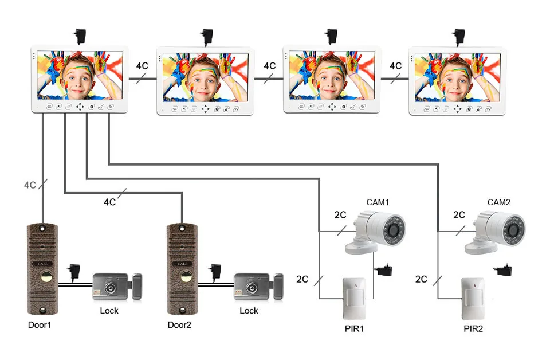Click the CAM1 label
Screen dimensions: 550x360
[x=378, y=202]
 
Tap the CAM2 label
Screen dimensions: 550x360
[x=499, y=202]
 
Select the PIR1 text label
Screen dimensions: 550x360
[x=354, y=329]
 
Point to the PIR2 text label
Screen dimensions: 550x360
[x=473, y=329]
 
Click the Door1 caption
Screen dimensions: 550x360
[x=40, y=325]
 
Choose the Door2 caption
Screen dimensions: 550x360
[x=179, y=325]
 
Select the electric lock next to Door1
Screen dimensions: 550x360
[x=117, y=287]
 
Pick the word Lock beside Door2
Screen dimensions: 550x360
[x=249, y=311]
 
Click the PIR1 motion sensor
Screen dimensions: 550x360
[x=354, y=298]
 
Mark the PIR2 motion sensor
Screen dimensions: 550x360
[x=473, y=298]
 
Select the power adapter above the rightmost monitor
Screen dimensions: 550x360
[x=458, y=37]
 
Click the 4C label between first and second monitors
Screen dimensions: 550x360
[x=142, y=65]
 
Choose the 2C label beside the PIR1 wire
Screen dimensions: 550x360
[x=302, y=279]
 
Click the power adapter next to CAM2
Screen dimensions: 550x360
[x=504, y=270]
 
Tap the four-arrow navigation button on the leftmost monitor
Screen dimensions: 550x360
[x=80, y=107]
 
